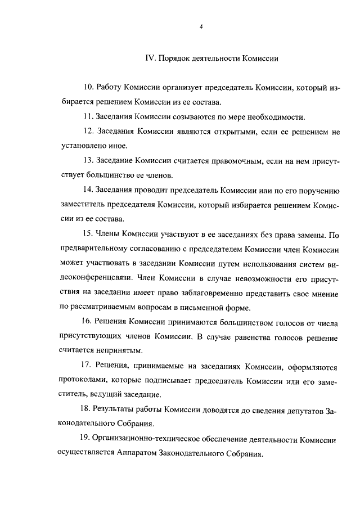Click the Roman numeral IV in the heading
pos(150,57)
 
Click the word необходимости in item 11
pos(277,118)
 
